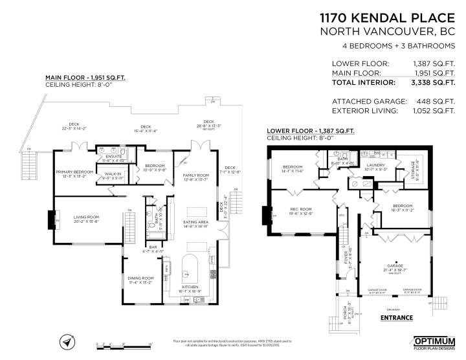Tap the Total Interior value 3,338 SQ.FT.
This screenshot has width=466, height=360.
pos(429,82)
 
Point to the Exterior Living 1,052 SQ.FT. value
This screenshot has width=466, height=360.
pos(429,111)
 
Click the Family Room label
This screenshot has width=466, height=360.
pos(195,176)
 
